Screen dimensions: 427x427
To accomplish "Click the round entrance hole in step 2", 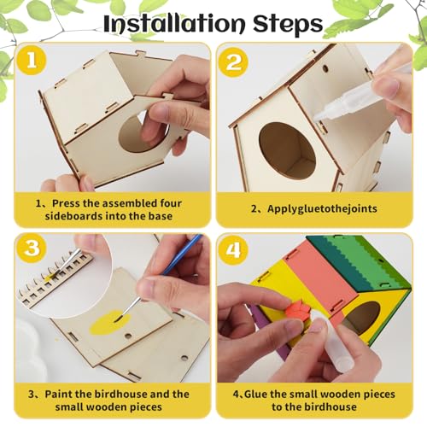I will coord(287,150).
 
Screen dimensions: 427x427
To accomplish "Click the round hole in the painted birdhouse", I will coord(362,317).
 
